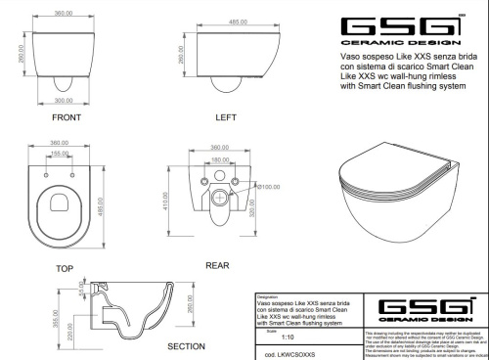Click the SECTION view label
[186, 345]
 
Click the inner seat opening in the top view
[63, 205]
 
